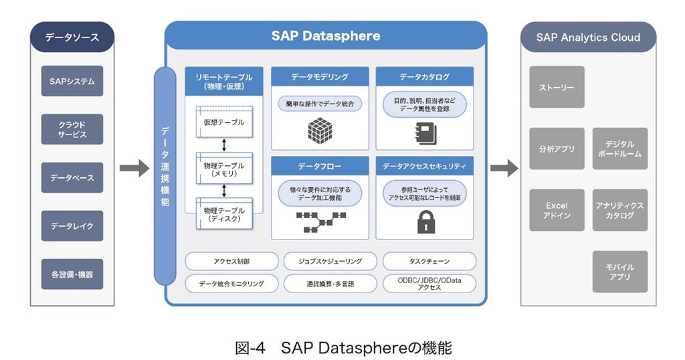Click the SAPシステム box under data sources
click(x=72, y=81)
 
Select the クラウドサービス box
click(x=72, y=129)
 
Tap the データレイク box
click(x=72, y=226)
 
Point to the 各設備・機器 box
click(x=72, y=274)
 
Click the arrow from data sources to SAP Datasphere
click(x=134, y=169)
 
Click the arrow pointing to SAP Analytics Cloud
click(x=504, y=169)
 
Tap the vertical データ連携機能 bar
click(x=165, y=174)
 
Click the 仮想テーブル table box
click(x=224, y=122)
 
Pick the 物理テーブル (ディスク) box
click(x=224, y=215)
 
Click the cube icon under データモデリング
click(x=320, y=129)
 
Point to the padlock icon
click(x=425, y=221)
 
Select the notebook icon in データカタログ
click(x=425, y=132)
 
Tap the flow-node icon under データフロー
click(x=320, y=222)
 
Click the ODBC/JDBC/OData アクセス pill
click(x=429, y=283)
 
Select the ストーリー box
click(x=557, y=88)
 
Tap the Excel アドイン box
click(x=557, y=210)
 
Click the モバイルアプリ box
click(x=620, y=272)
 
